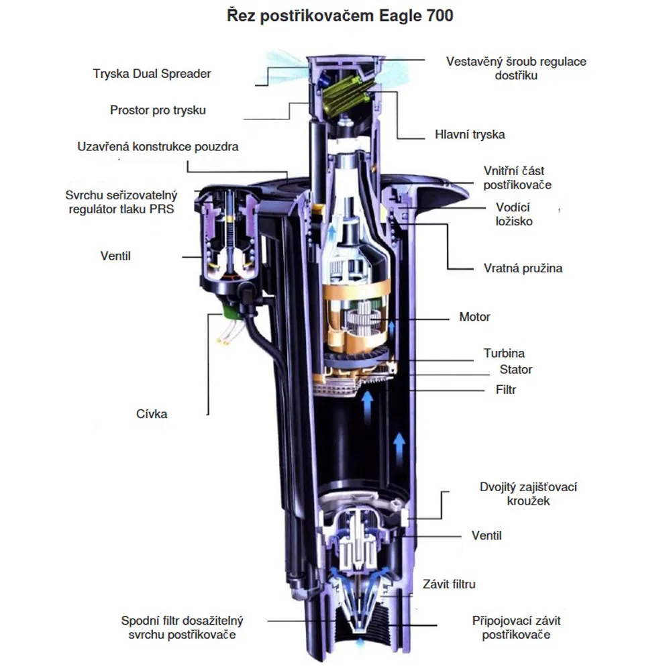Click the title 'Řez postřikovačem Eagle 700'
pos(339,15)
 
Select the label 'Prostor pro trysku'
pos(158,109)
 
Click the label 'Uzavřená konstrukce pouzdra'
pos(158,146)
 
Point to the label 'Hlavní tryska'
pos(470,134)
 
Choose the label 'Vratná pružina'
pos(523,268)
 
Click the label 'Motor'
pos(474,317)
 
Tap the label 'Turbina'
pos(504,353)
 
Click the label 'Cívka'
pos(152,414)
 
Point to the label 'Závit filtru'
pos(449,584)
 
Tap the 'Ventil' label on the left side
pos(115,256)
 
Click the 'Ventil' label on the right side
pos(486,535)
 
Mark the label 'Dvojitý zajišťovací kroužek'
pos(529,494)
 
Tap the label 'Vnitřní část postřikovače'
pos(518,178)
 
